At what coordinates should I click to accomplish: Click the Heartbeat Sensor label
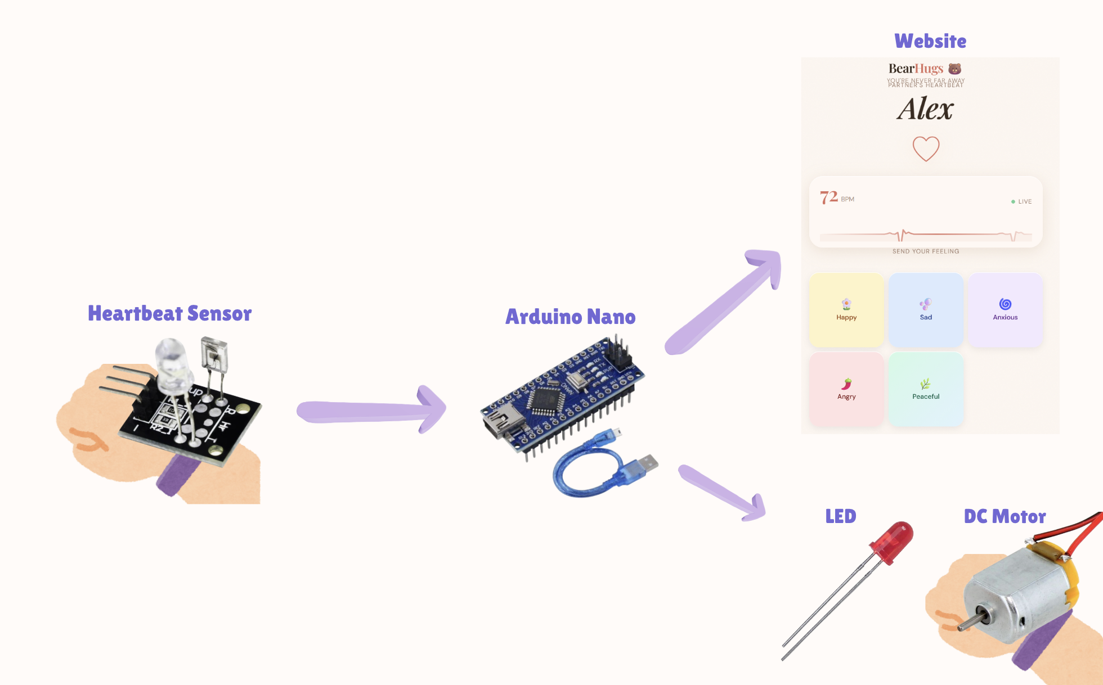pos(169,313)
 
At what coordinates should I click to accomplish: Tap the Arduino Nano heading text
pos(570,317)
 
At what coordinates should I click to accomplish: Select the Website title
pos(930,41)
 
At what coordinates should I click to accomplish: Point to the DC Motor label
pos(1005,516)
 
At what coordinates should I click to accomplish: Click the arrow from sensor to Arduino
pos(371,411)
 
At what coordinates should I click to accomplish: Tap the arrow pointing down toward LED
pos(723,493)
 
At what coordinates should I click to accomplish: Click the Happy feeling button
pos(846,310)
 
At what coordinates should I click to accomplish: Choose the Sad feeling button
pos(925,310)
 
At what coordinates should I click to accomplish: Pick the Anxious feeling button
pos(1005,310)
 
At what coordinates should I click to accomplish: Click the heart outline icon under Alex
pos(926,148)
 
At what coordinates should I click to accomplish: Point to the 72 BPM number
pos(829,197)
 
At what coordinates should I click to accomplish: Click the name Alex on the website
pos(925,109)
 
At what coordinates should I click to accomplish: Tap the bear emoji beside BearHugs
pos(954,69)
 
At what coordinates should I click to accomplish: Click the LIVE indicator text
pos(1024,201)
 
